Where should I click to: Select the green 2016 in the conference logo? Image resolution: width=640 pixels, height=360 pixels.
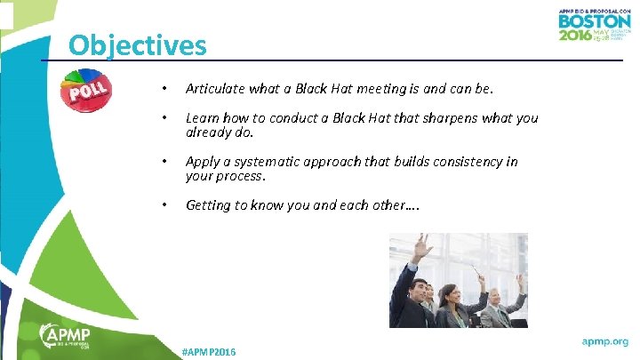(x=574, y=35)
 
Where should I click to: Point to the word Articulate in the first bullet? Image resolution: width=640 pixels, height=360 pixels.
(x=214, y=89)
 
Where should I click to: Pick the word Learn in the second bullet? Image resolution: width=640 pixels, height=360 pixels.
(x=201, y=118)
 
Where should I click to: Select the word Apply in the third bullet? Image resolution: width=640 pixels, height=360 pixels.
(x=202, y=162)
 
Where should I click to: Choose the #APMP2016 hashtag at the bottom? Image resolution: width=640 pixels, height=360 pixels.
(x=208, y=353)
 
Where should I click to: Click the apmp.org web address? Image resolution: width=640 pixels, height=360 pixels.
(x=604, y=340)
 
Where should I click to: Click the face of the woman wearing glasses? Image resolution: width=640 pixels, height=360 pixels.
(x=450, y=293)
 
